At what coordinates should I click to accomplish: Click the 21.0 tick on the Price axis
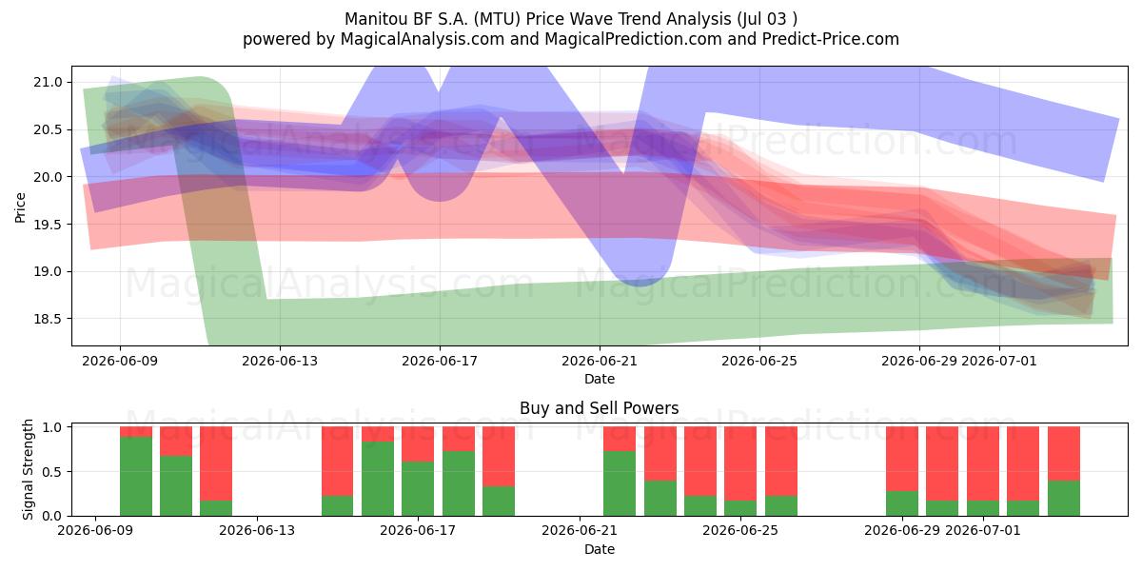pos(48,82)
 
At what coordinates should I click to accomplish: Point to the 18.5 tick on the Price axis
pos(48,319)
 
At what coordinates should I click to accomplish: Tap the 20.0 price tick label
pos(48,177)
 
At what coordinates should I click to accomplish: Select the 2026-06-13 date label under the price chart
pos(280,361)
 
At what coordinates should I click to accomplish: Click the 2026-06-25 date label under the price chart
pos(759,361)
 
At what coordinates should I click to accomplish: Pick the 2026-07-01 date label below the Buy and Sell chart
pos(983,531)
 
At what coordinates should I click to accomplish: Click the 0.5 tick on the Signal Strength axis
pos(52,472)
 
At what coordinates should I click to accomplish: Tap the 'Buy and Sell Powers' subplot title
pos(599,408)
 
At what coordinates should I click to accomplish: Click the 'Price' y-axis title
pos(20,207)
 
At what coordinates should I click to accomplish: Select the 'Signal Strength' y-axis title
pos(28,469)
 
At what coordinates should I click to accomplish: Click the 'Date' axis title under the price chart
pos(600,380)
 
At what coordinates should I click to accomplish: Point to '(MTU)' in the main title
pos(497,19)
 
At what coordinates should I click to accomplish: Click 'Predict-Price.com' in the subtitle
pos(831,39)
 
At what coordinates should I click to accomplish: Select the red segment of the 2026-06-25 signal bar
pos(740,463)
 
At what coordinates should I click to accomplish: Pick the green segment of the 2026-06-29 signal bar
pos(902,503)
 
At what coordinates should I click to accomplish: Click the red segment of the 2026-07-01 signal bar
pos(983,463)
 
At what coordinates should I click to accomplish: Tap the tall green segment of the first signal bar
pos(135,476)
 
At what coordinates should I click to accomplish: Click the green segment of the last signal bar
pos(1064,498)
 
